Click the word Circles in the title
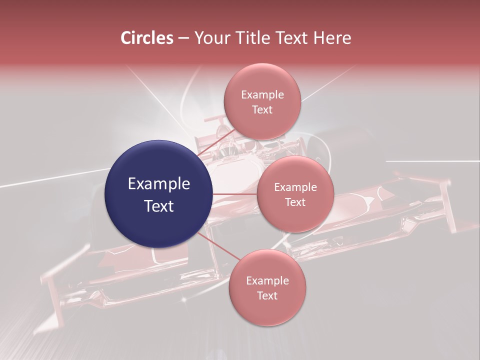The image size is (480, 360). [x=147, y=38]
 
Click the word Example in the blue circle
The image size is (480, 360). [x=159, y=184]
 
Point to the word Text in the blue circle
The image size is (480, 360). [x=159, y=205]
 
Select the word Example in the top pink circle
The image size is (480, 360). [x=262, y=95]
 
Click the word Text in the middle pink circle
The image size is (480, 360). [x=295, y=202]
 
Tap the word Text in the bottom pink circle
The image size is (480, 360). [x=267, y=295]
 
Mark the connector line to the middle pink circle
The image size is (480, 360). [x=235, y=194]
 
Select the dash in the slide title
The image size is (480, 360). [x=183, y=38]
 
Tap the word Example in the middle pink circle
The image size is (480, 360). [x=295, y=187]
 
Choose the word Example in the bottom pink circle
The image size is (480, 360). [x=267, y=281]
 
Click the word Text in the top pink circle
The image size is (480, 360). [x=262, y=109]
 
